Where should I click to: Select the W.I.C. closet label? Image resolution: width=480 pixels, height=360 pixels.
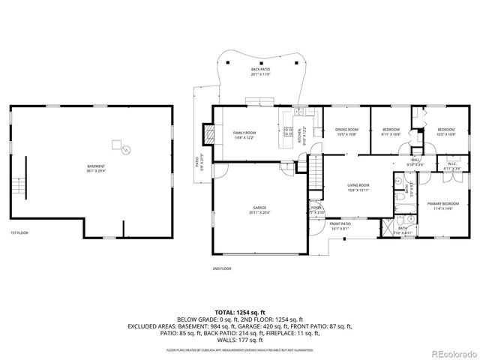click(451, 166)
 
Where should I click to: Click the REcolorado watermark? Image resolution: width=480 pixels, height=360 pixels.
click(447, 352)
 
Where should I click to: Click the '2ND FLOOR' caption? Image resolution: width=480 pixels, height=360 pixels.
click(221, 268)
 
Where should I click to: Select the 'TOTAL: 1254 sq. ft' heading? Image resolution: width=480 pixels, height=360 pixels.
click(240, 311)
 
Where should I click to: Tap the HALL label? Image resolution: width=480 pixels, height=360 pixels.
click(415, 161)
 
